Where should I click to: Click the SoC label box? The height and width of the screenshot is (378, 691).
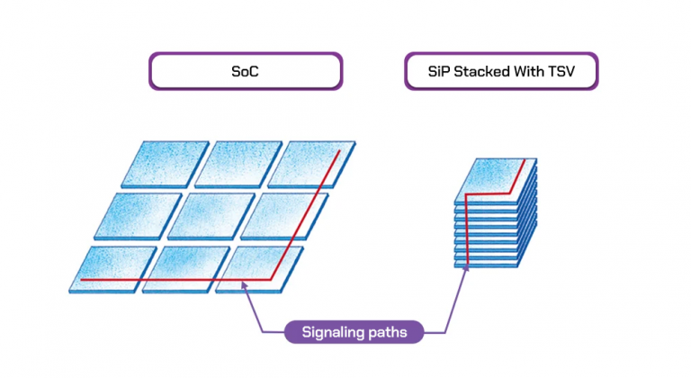tap(245, 70)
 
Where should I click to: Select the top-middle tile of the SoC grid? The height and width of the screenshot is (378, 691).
tap(239, 162)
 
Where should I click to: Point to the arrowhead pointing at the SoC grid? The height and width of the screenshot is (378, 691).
tap(245, 288)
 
